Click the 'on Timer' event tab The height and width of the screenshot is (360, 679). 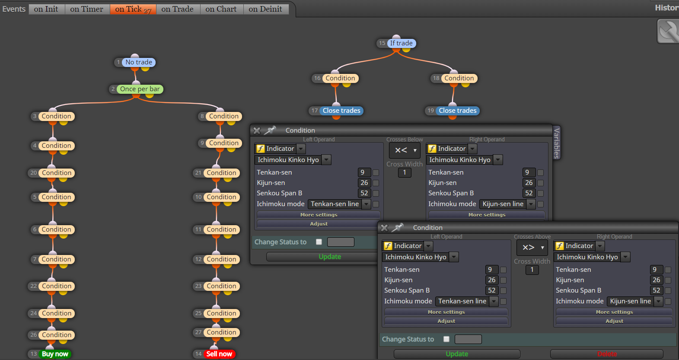pyautogui.click(x=86, y=9)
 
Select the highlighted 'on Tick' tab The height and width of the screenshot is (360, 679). pyautogui.click(x=133, y=9)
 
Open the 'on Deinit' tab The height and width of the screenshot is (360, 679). pyautogui.click(x=265, y=9)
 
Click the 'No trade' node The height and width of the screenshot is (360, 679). pyautogui.click(x=139, y=62)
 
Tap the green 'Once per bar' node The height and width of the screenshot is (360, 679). pyautogui.click(x=140, y=89)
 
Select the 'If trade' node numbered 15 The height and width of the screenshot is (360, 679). pyautogui.click(x=401, y=43)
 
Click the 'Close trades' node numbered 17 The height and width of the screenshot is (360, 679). pyautogui.click(x=341, y=111)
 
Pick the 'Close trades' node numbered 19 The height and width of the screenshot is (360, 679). pyautogui.click(x=457, y=111)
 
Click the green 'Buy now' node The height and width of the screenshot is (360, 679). pyautogui.click(x=55, y=354)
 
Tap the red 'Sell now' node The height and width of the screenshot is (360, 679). pyautogui.click(x=219, y=354)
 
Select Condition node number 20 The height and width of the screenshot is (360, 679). pyautogui.click(x=56, y=173)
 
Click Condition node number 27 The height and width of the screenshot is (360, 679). pyautogui.click(x=221, y=332)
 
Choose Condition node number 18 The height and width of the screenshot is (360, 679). pyautogui.click(x=459, y=78)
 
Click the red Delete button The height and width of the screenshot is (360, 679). pyautogui.click(x=607, y=354)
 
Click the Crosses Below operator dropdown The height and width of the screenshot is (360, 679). pyautogui.click(x=405, y=150)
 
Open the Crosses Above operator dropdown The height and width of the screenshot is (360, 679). pyautogui.click(x=532, y=247)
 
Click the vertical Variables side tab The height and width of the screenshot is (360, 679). pyautogui.click(x=557, y=143)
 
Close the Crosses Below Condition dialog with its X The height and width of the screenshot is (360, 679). pyautogui.click(x=257, y=131)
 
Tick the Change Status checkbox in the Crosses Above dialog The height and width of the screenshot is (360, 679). pyautogui.click(x=446, y=339)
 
